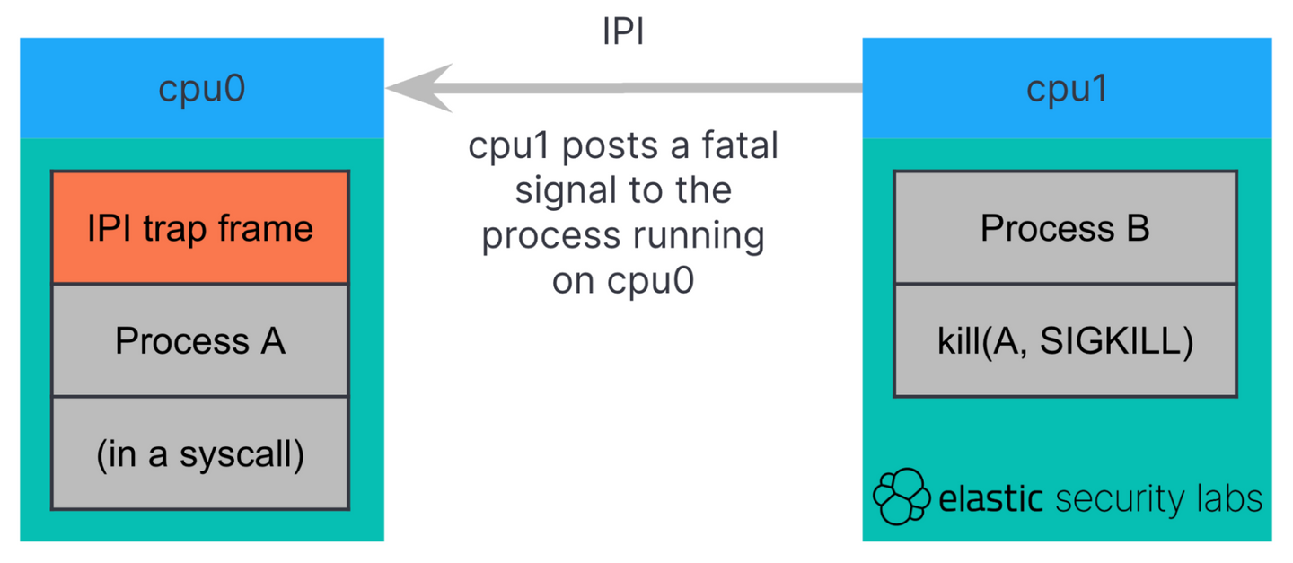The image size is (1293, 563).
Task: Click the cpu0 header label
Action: (x=201, y=89)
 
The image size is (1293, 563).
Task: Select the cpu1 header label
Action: (x=1067, y=89)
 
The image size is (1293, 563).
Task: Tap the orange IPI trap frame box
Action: (x=200, y=228)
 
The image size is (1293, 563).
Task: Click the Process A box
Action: (x=200, y=341)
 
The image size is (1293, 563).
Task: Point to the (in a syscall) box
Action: (x=200, y=454)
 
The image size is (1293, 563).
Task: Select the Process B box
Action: (x=1065, y=228)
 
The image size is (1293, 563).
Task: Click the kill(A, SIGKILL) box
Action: (x=1065, y=342)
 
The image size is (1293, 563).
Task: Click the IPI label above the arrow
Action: (x=622, y=32)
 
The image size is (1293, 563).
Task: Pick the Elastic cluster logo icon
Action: (x=902, y=496)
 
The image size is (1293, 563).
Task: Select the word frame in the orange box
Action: (x=269, y=228)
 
